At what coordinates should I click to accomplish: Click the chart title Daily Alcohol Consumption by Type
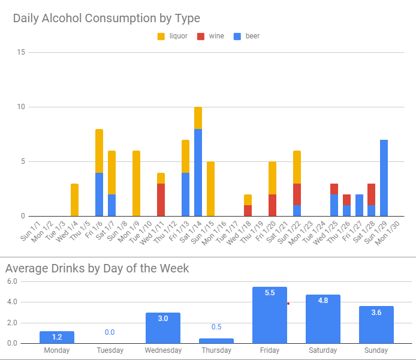(107, 19)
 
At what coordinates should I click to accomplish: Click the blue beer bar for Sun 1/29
(384, 178)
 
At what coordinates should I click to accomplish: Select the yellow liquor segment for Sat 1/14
(198, 118)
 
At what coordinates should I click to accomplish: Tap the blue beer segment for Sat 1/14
(198, 172)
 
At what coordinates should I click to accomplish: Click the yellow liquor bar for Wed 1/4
(74, 200)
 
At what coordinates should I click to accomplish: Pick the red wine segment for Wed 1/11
(161, 200)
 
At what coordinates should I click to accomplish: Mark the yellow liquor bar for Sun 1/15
(210, 188)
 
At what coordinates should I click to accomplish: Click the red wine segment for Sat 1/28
(372, 194)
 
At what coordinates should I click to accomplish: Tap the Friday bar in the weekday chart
(269, 315)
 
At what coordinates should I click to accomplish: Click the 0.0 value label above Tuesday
(110, 332)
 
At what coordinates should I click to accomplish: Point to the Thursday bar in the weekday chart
(216, 341)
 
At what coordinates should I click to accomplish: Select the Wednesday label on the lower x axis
(162, 350)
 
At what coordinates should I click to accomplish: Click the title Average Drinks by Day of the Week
(97, 268)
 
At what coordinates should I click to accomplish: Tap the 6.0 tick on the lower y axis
(11, 281)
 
